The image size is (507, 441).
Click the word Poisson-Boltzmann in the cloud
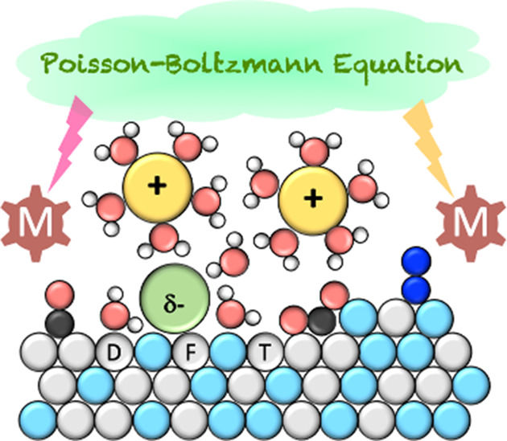point(183,65)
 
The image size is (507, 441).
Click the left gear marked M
point(35,223)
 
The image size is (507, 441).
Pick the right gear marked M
point(471,223)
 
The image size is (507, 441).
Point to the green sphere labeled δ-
point(175,298)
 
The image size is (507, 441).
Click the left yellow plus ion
point(158,188)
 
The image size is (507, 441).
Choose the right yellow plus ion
point(313,200)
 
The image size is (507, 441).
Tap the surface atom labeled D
point(114,353)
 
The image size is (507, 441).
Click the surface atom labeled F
point(191,353)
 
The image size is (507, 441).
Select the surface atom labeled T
point(265,353)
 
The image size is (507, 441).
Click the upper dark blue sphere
point(416,261)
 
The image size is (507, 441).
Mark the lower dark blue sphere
point(416,290)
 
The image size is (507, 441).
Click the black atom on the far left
point(60,323)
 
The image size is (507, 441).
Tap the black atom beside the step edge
point(322,321)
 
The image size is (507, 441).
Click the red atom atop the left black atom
point(60,295)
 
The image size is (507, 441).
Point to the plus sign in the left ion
point(157,186)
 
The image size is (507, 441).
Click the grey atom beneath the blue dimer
point(397,316)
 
